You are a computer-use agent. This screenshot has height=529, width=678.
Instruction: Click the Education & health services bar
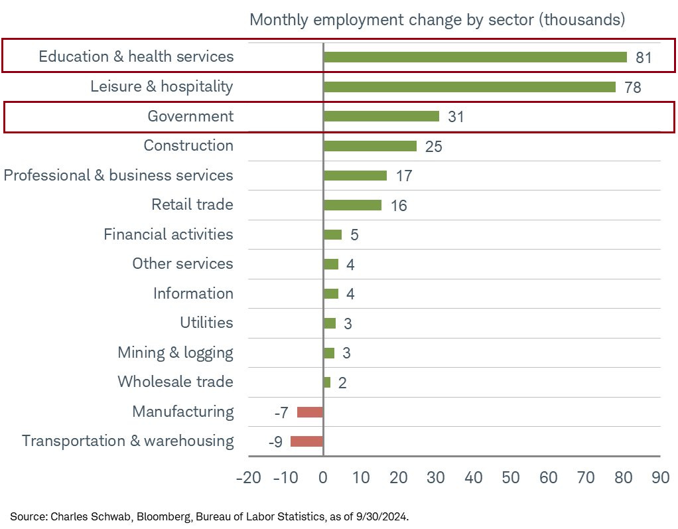(x=475, y=57)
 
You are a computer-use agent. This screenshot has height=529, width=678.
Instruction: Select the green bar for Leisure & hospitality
(x=469, y=87)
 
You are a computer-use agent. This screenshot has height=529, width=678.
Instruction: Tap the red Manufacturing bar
(x=310, y=412)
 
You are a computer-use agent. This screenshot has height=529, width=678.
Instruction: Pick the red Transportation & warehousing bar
(x=306, y=441)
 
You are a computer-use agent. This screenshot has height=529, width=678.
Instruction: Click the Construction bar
(x=370, y=146)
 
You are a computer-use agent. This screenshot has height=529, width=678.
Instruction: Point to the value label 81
(x=644, y=58)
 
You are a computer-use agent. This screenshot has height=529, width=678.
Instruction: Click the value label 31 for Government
(x=456, y=117)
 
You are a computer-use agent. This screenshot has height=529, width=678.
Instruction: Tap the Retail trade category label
(x=192, y=204)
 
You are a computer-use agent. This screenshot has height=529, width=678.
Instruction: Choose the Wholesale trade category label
(x=175, y=382)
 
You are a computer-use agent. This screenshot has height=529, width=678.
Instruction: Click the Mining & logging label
(x=175, y=352)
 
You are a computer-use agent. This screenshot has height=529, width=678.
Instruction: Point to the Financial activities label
(x=169, y=234)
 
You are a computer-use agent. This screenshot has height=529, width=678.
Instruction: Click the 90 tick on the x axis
(x=660, y=479)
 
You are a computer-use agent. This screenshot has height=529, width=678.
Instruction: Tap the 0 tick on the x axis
(x=323, y=479)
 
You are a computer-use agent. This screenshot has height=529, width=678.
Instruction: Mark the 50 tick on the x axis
(x=510, y=479)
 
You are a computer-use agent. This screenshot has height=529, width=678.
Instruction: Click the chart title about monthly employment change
(x=437, y=20)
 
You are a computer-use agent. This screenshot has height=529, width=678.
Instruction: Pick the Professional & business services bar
(x=355, y=176)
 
